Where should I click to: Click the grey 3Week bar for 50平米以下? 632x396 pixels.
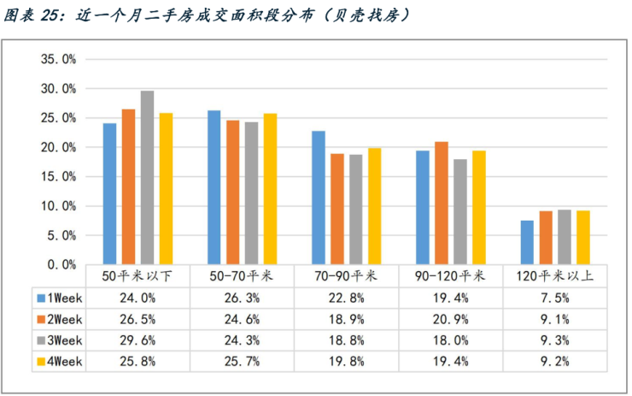pos(147,178)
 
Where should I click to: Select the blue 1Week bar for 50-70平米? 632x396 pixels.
pos(214,187)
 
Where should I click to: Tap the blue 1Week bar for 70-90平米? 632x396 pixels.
pos(319,198)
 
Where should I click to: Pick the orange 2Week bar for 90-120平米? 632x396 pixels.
pos(442,203)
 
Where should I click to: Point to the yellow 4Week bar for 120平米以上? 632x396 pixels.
pos(583,238)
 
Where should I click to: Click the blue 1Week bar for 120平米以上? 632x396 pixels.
pos(527,243)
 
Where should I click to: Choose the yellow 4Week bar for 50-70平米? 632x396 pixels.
pos(271,189)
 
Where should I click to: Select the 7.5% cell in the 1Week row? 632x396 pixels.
pos(556,298)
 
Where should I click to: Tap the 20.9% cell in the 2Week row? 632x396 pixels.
pos(452,319)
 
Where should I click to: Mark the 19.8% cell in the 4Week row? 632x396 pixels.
pos(347,361)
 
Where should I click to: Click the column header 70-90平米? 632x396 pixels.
pos(347,276)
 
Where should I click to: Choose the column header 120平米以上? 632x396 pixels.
pos(556,276)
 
